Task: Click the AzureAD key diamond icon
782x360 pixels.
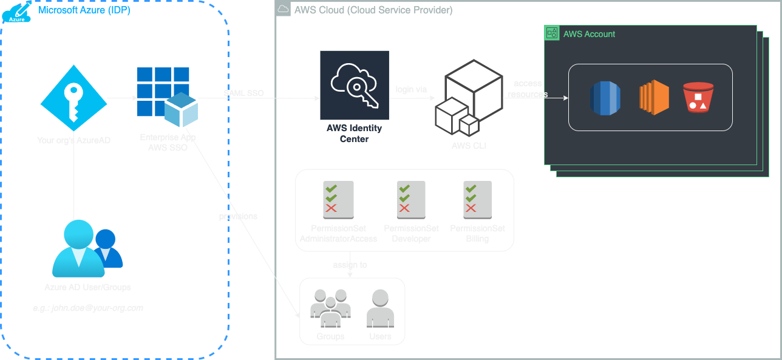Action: click(x=74, y=97)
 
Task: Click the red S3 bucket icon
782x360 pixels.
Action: click(x=698, y=98)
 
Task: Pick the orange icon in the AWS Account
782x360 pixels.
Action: click(x=654, y=98)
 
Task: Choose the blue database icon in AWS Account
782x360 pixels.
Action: click(x=605, y=98)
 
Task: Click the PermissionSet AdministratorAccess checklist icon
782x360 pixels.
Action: click(x=338, y=199)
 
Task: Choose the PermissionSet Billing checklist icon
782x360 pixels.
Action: click(x=477, y=199)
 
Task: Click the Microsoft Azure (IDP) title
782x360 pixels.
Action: click(x=84, y=10)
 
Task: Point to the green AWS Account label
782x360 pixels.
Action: click(x=589, y=34)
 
